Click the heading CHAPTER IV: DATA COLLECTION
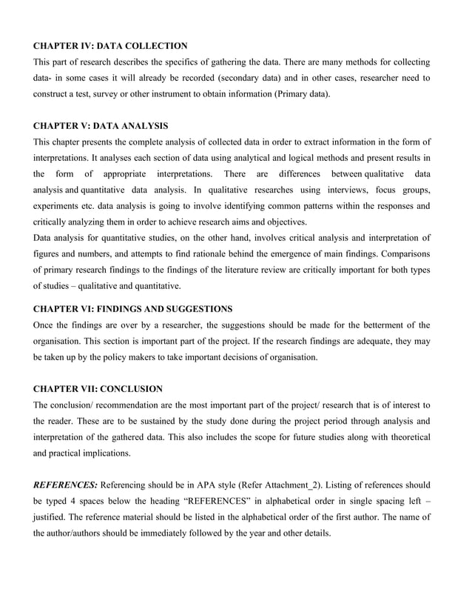tap(110, 46)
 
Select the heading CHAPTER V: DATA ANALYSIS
tap(101, 126)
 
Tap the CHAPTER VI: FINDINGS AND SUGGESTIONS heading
tap(133, 308)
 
